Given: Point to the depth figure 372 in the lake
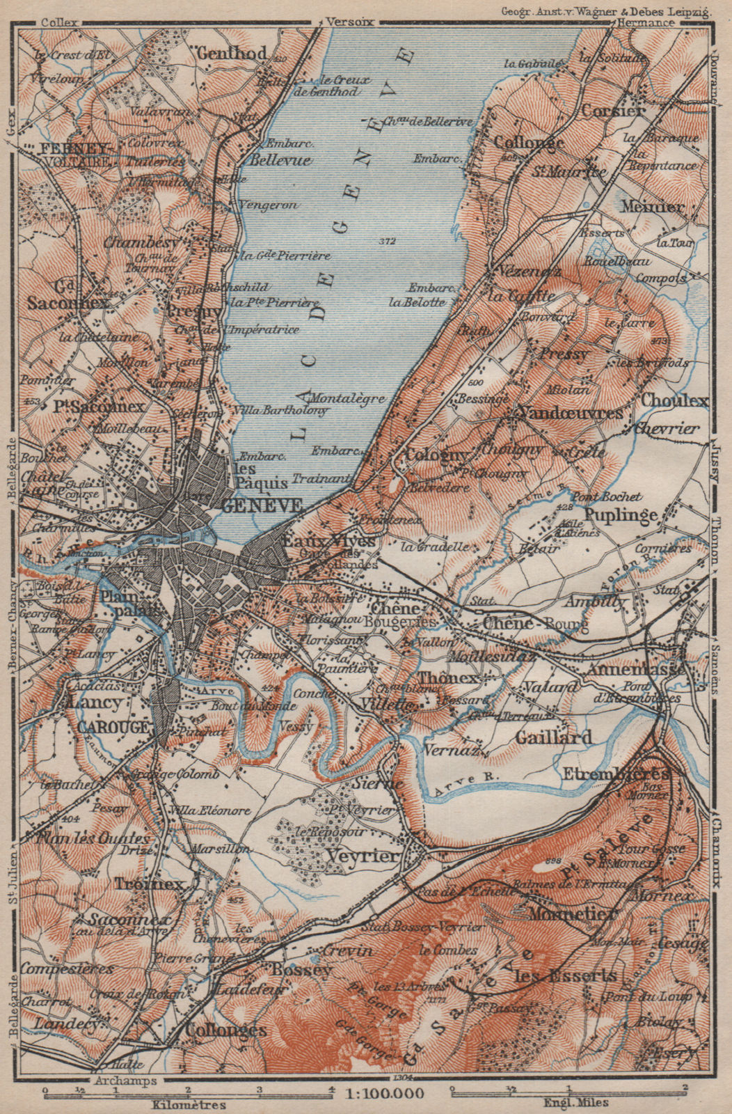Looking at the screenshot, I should [388, 242].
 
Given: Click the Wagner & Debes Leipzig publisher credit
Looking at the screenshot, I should [604, 10].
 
